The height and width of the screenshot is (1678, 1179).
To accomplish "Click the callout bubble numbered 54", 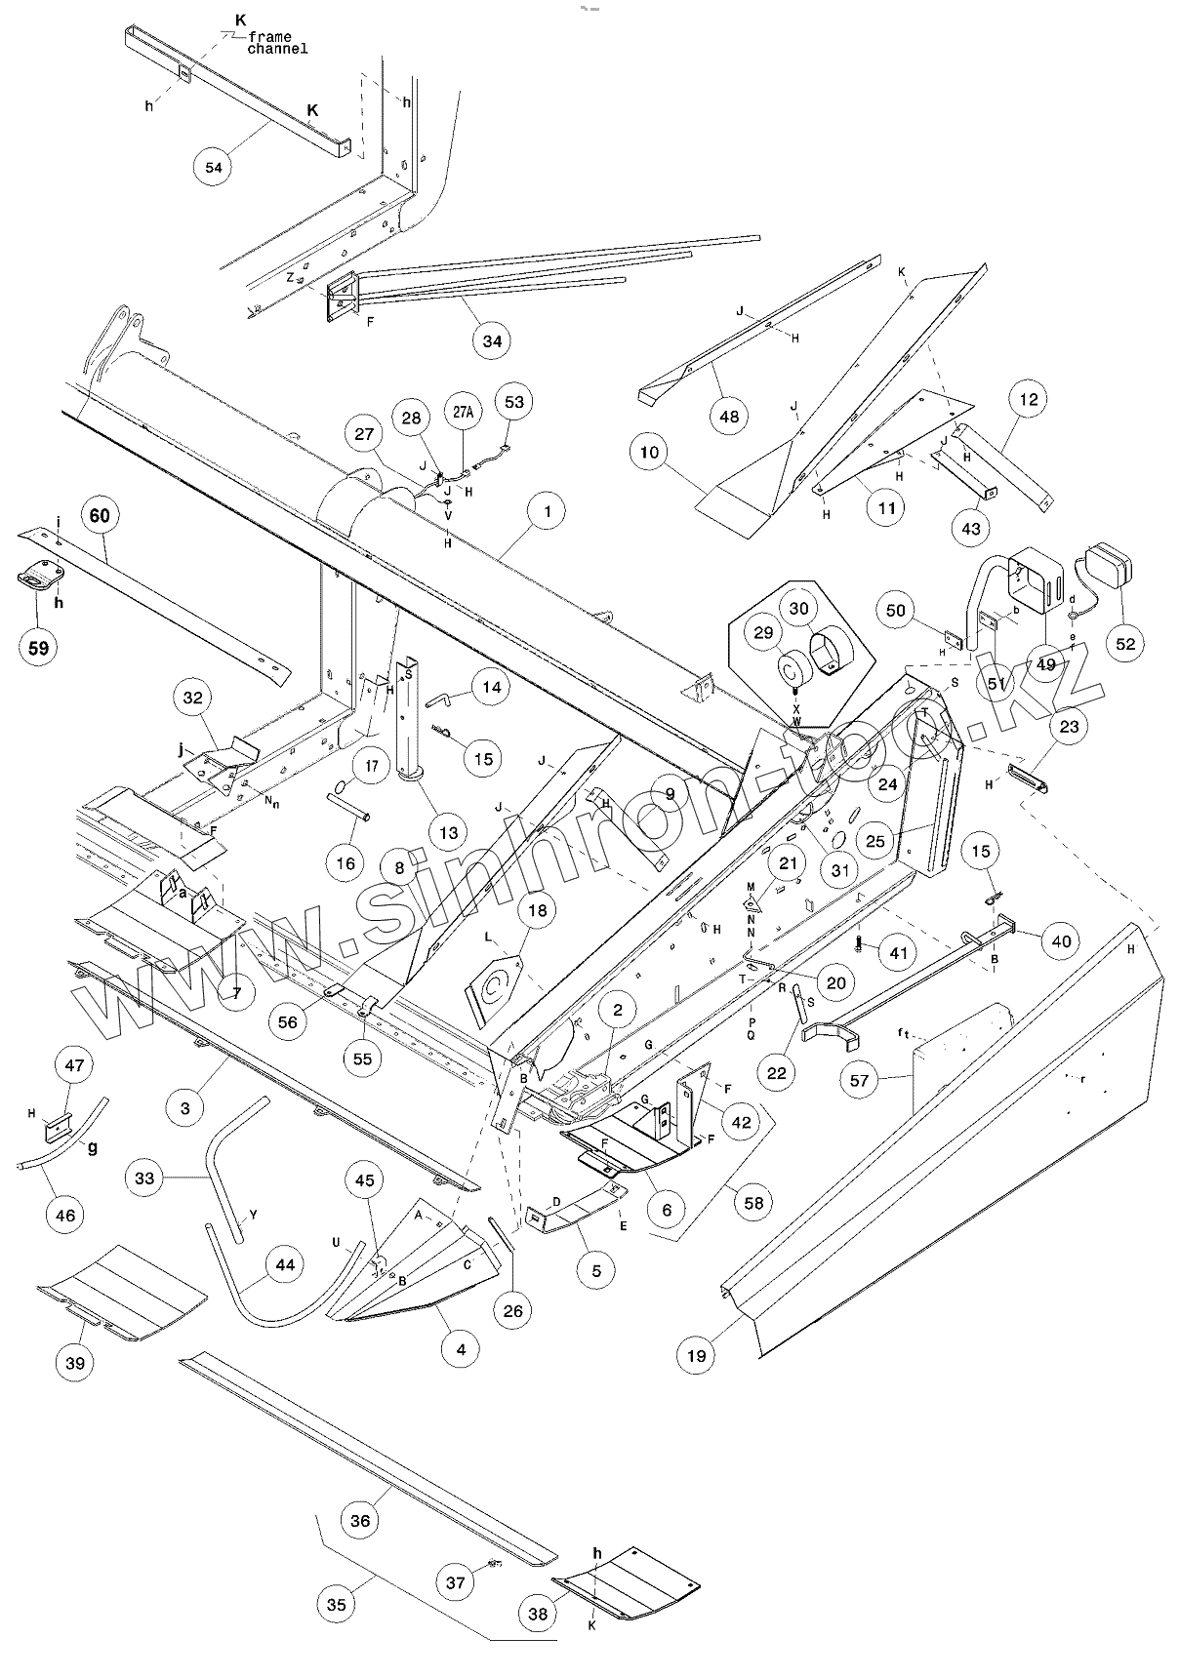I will point(214,167).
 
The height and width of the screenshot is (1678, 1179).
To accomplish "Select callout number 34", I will point(492,340).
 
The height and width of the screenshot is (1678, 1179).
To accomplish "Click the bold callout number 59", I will point(38,648).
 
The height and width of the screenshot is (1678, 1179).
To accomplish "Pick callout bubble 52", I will point(1124,644).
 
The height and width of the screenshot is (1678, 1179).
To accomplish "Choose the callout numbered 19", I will point(696,1355).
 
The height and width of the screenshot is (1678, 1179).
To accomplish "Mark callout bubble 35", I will point(337,1605).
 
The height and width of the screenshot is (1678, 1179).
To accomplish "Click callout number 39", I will point(74,1363).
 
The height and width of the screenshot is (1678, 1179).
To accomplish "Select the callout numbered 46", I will point(65,1215).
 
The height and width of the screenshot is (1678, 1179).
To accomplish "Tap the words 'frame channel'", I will point(276,43).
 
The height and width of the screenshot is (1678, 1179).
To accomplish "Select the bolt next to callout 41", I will point(858,943).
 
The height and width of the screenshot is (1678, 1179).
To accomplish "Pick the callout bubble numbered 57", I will point(860,1080).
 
